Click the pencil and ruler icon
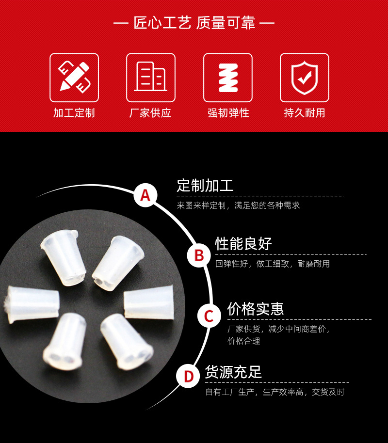pyautogui.click(x=74, y=77)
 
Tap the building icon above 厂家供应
pyautogui.click(x=151, y=77)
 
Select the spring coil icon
pyautogui.click(x=228, y=78)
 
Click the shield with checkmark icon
pyautogui.click(x=305, y=78)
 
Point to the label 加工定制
pyautogui.click(x=74, y=113)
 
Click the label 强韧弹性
pyautogui.click(x=228, y=113)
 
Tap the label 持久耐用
pyautogui.click(x=305, y=113)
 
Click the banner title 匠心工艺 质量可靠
pyautogui.click(x=194, y=23)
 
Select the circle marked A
pyautogui.click(x=145, y=195)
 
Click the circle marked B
pyautogui.click(x=199, y=255)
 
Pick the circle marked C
pyautogui.click(x=209, y=316)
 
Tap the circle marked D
pyautogui.click(x=188, y=376)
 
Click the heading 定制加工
pyautogui.click(x=205, y=186)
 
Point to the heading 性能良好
pyautogui.click(x=243, y=244)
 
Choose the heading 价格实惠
pyautogui.click(x=256, y=309)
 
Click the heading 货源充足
pyautogui.click(x=233, y=372)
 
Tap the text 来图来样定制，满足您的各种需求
pyautogui.click(x=238, y=206)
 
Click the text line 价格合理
pyautogui.click(x=244, y=341)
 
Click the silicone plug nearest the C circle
pyautogui.click(x=149, y=302)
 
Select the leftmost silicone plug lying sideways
pyautogui.click(x=32, y=304)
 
